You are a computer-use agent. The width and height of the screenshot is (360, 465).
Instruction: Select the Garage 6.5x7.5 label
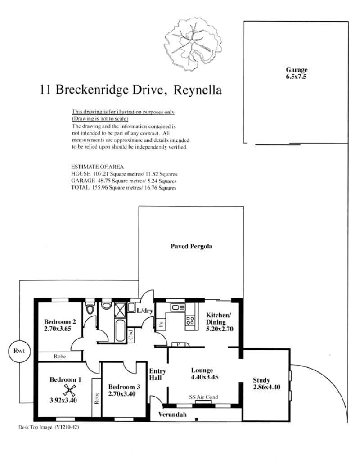pos(296,73)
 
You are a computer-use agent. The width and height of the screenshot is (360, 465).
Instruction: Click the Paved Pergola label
pos(191,246)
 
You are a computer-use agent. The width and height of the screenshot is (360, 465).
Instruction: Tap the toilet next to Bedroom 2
pos(90,308)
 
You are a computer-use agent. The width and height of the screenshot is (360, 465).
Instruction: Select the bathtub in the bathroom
pos(120,330)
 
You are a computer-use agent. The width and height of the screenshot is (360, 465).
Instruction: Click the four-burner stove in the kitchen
pos(190,321)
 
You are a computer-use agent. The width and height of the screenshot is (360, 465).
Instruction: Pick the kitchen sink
pos(178,307)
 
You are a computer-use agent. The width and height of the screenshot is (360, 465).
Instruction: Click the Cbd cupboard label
pos(131,335)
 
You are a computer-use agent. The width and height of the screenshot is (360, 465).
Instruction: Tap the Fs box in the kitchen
pos(161,324)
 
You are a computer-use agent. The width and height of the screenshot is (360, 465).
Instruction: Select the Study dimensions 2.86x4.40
pos(266,387)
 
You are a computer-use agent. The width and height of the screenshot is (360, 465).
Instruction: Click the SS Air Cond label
pos(203,397)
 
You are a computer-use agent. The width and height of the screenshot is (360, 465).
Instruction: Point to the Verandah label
pos(172,414)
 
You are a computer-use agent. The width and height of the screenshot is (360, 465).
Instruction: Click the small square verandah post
pos(197,420)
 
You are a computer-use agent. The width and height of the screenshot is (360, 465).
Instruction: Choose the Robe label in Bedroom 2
pos(59,356)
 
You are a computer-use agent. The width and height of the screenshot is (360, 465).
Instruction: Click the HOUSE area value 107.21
pos(101,174)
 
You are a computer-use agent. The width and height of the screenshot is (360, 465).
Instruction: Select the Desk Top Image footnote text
pos(49,427)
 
